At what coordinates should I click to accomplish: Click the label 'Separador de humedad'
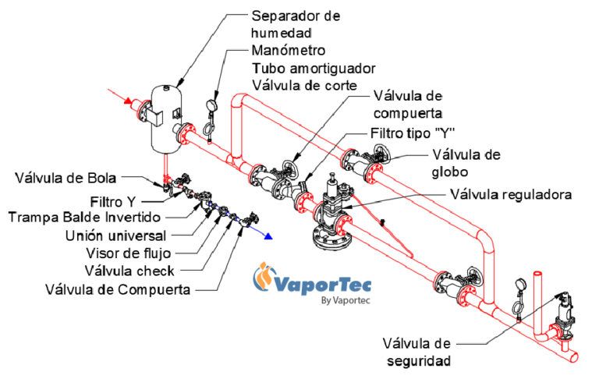click(x=296, y=24)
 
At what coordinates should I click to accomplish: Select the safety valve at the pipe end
click(x=559, y=315)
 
